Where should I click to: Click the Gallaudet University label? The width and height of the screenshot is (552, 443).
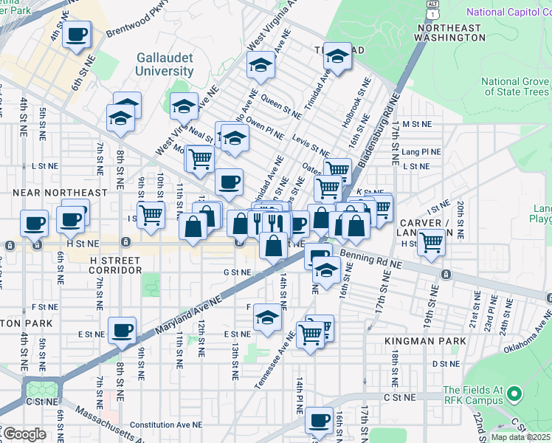coord(165,64)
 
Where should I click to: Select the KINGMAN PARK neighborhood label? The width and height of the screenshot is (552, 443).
coord(425,341)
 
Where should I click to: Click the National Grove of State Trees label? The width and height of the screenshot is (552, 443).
coord(514,86)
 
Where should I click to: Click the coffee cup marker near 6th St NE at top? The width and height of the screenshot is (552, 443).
coord(77,33)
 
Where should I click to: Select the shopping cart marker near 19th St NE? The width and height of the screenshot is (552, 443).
coord(431,241)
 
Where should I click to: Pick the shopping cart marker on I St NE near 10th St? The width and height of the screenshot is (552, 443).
coord(151,215)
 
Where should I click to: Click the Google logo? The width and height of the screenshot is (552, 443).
coord(24,434)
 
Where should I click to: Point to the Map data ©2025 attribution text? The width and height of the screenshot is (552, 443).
coord(520,437)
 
